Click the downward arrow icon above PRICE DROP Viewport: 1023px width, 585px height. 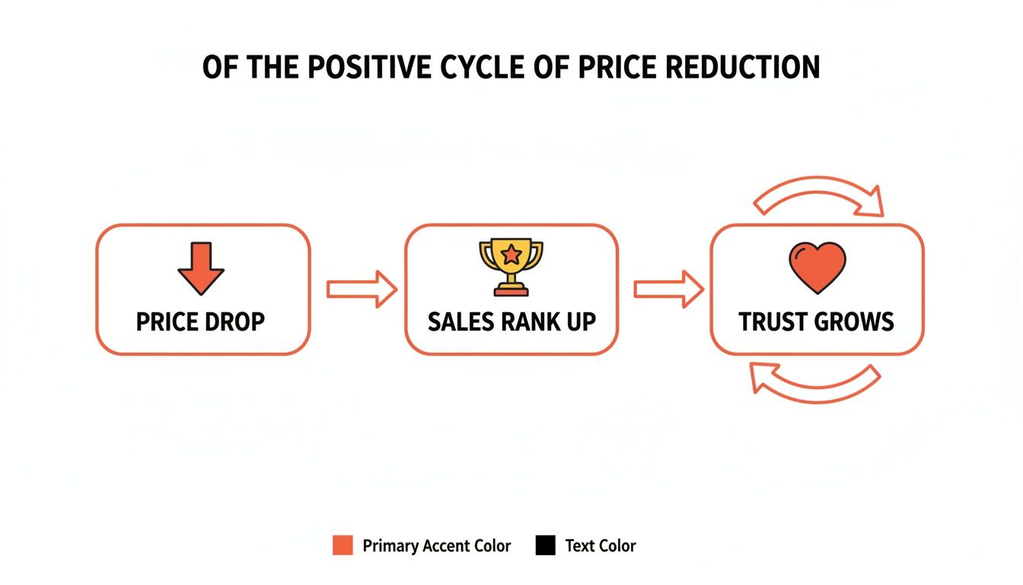pos(201,269)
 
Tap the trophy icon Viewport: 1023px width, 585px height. pos(511,267)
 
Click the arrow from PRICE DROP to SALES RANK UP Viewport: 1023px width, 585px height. pos(362,289)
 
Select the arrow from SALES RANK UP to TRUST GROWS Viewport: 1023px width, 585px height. pos(669,289)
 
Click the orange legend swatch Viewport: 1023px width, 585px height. pos(343,545)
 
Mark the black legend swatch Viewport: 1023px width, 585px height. pos(545,545)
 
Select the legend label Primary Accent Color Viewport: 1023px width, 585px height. pos(436,546)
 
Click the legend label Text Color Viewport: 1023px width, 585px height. pos(600,546)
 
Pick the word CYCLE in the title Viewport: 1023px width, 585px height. pos(483,68)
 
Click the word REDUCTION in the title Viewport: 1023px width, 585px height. pos(741,68)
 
